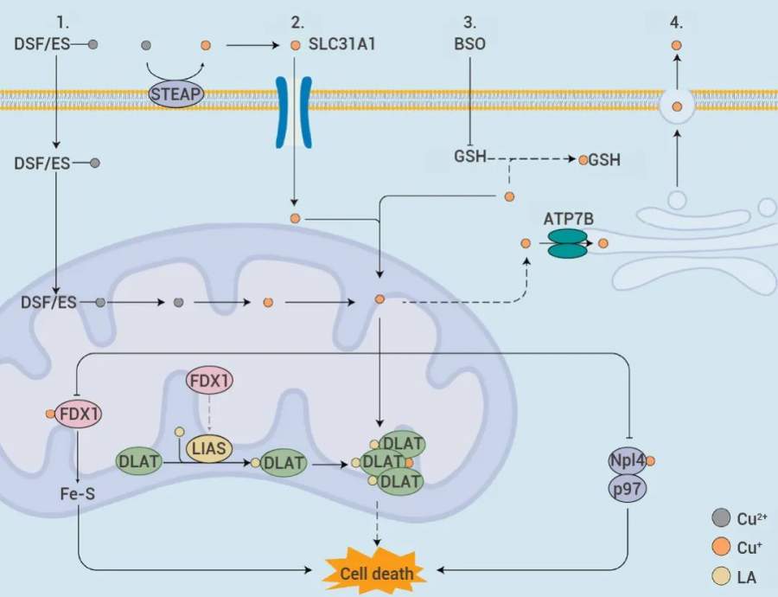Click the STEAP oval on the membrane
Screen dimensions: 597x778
[x=176, y=93]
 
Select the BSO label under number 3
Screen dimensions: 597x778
[x=469, y=43]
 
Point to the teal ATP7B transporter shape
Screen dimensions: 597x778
[x=568, y=243]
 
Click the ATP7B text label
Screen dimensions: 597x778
[x=568, y=218]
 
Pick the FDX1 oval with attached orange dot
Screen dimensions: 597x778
[x=78, y=413]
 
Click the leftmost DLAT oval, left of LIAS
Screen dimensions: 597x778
[x=138, y=461]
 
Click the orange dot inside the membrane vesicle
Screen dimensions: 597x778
[x=677, y=106]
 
